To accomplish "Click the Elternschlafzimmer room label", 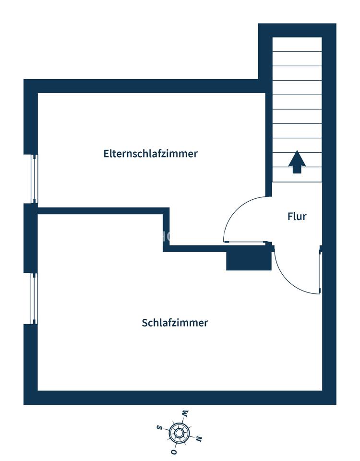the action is (x=150, y=154).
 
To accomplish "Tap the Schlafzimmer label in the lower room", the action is (x=175, y=323).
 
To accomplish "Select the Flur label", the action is (x=297, y=217).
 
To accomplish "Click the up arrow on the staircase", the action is (x=297, y=162).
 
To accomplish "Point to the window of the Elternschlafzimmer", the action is (x=35, y=179).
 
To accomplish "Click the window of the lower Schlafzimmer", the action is (x=35, y=298).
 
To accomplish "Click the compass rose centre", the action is (x=179, y=433).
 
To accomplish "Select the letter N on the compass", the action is (x=199, y=438).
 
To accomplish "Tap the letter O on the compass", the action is (x=174, y=452).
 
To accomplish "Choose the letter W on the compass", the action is (x=185, y=413).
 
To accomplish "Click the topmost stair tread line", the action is (x=297, y=52).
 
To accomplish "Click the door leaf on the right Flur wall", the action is (x=320, y=270).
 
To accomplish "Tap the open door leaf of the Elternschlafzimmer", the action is (x=247, y=242).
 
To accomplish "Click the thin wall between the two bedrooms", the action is (x=100, y=211).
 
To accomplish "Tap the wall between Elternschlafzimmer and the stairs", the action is (x=269, y=144).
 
